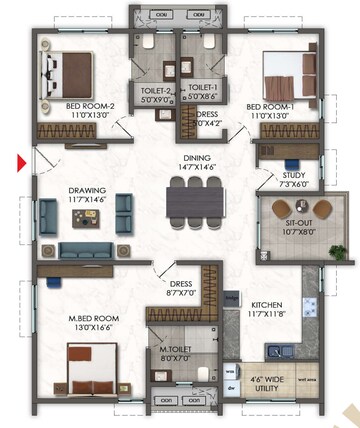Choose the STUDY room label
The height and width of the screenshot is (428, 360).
293,175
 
